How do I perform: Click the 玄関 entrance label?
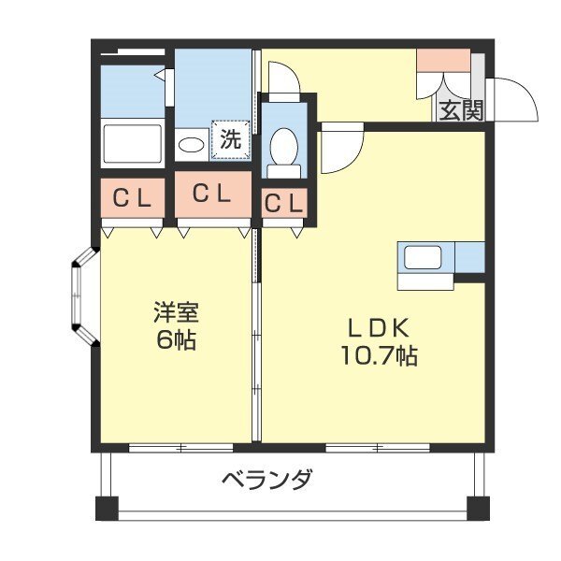pos(461,110)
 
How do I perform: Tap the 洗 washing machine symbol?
pos(231,140)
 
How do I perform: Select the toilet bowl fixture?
pos(283,148)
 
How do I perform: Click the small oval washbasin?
pos(192,145)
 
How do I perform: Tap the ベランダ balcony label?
pos(266,482)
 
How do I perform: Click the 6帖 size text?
pos(176,339)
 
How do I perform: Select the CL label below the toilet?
pos(283,202)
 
